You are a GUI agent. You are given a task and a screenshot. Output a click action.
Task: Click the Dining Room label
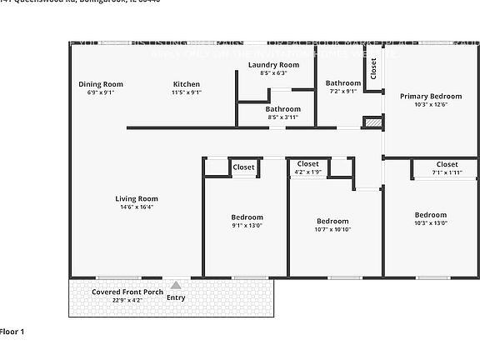click(101, 84)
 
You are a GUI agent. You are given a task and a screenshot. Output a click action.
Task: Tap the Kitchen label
click(187, 84)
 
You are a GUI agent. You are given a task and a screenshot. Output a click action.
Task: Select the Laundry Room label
click(273, 65)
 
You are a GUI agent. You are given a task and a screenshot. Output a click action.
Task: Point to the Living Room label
click(137, 198)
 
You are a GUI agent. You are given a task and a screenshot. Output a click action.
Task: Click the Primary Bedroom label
click(430, 97)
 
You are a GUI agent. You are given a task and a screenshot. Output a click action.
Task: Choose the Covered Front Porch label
click(117, 292)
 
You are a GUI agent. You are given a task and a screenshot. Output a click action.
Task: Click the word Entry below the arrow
click(176, 297)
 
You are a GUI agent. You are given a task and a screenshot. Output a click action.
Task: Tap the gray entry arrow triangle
click(176, 285)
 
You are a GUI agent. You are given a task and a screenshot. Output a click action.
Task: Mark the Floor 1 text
click(12, 332)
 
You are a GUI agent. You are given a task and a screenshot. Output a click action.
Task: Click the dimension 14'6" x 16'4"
click(137, 207)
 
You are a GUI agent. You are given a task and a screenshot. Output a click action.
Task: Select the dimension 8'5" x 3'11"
click(283, 117)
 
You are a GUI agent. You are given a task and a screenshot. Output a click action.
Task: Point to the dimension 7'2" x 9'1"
click(342, 92)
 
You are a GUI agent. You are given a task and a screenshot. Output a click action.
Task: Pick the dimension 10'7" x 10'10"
click(332, 229)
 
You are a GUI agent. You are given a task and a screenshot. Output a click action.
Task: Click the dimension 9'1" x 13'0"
click(247, 225)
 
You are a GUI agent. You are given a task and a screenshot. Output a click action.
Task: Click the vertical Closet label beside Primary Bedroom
click(373, 68)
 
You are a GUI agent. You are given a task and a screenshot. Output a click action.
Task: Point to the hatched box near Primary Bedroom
click(372, 122)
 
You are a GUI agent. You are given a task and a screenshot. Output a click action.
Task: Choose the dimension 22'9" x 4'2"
click(117, 301)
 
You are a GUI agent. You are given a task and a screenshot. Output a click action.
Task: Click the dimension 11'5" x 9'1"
click(187, 92)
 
